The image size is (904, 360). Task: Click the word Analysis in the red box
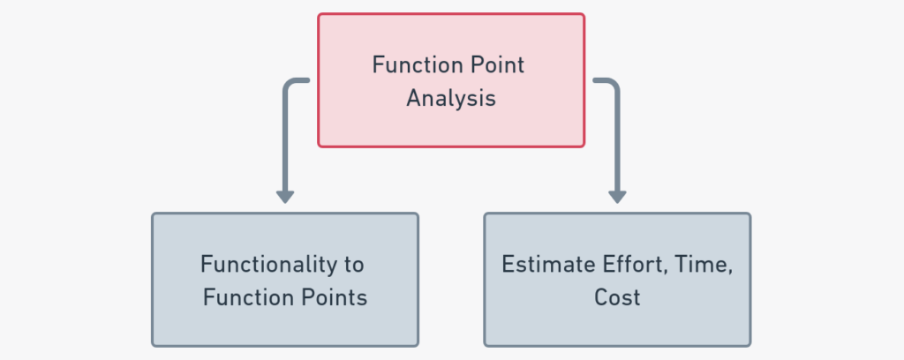tap(450, 98)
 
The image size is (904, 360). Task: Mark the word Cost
tap(617, 297)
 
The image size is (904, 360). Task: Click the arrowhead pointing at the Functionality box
tap(284, 196)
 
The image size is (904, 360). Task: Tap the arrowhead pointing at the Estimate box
tap(617, 196)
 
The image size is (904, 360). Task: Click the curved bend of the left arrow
tap(288, 85)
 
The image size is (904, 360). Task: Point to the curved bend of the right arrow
tap(613, 85)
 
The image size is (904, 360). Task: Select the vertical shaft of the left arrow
tap(284, 141)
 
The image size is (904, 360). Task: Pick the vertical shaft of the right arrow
tap(617, 141)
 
